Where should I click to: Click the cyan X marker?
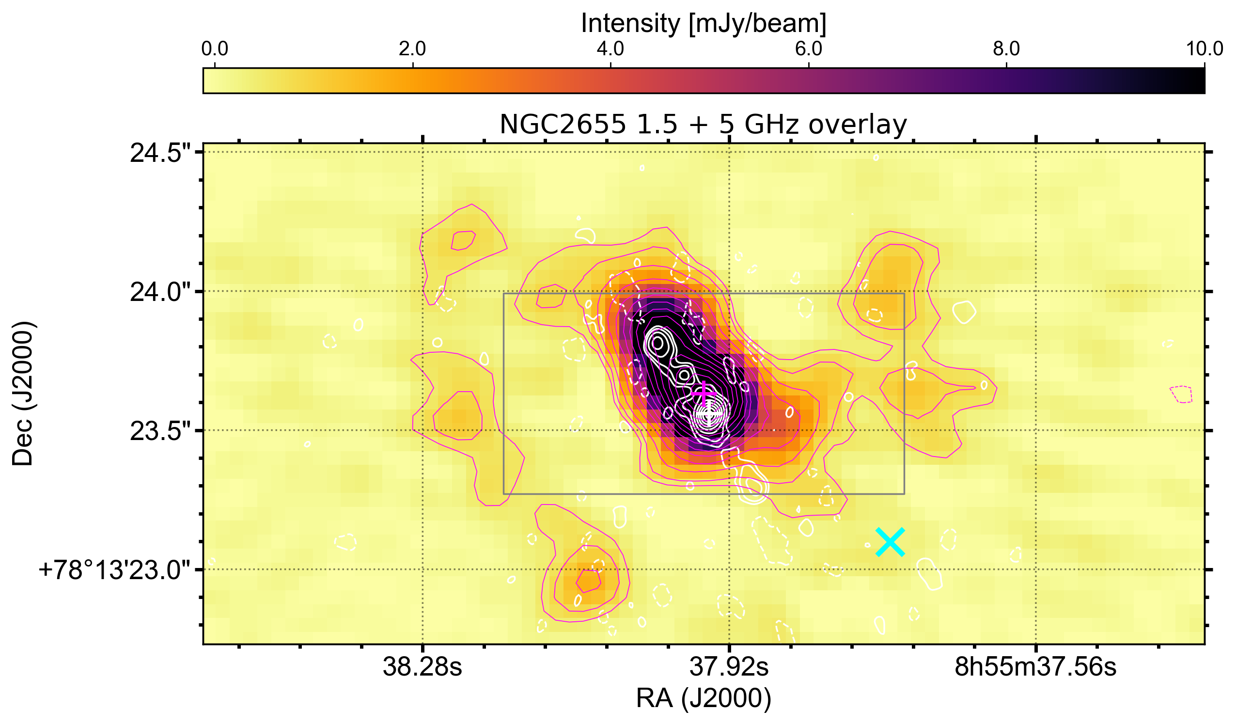[890, 542]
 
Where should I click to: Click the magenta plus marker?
[704, 393]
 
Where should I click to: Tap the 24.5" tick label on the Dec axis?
[160, 154]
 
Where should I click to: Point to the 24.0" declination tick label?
[160, 293]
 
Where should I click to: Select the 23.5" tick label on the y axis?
[160, 432]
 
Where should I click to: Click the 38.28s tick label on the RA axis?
[422, 668]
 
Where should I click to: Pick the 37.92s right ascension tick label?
[729, 668]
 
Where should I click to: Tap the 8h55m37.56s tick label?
[1035, 668]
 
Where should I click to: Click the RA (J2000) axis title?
[704, 698]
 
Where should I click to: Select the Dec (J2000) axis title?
[23, 394]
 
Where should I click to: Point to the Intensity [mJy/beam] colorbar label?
[704, 23]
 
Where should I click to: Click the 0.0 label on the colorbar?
[215, 49]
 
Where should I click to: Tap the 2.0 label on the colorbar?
[412, 49]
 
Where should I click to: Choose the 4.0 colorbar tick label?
[610, 49]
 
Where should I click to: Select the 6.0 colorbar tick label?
[808, 49]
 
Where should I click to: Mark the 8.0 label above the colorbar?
[1006, 49]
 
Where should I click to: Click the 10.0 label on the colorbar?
[1204, 49]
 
